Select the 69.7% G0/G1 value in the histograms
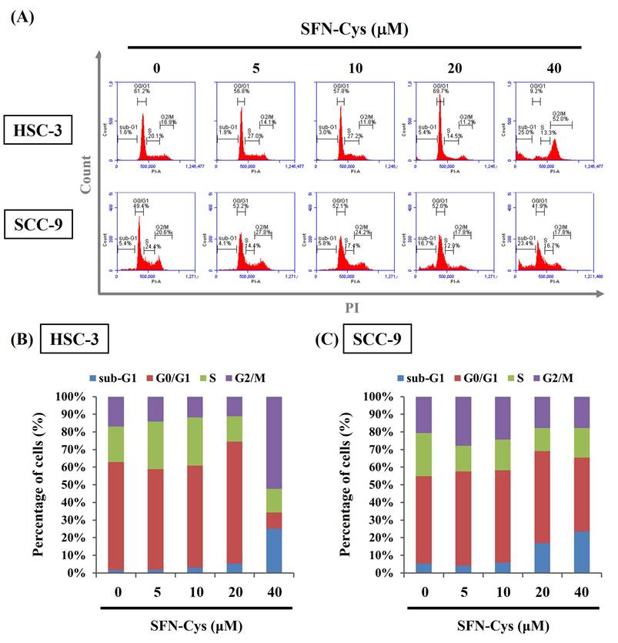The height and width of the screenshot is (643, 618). tap(439, 91)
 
